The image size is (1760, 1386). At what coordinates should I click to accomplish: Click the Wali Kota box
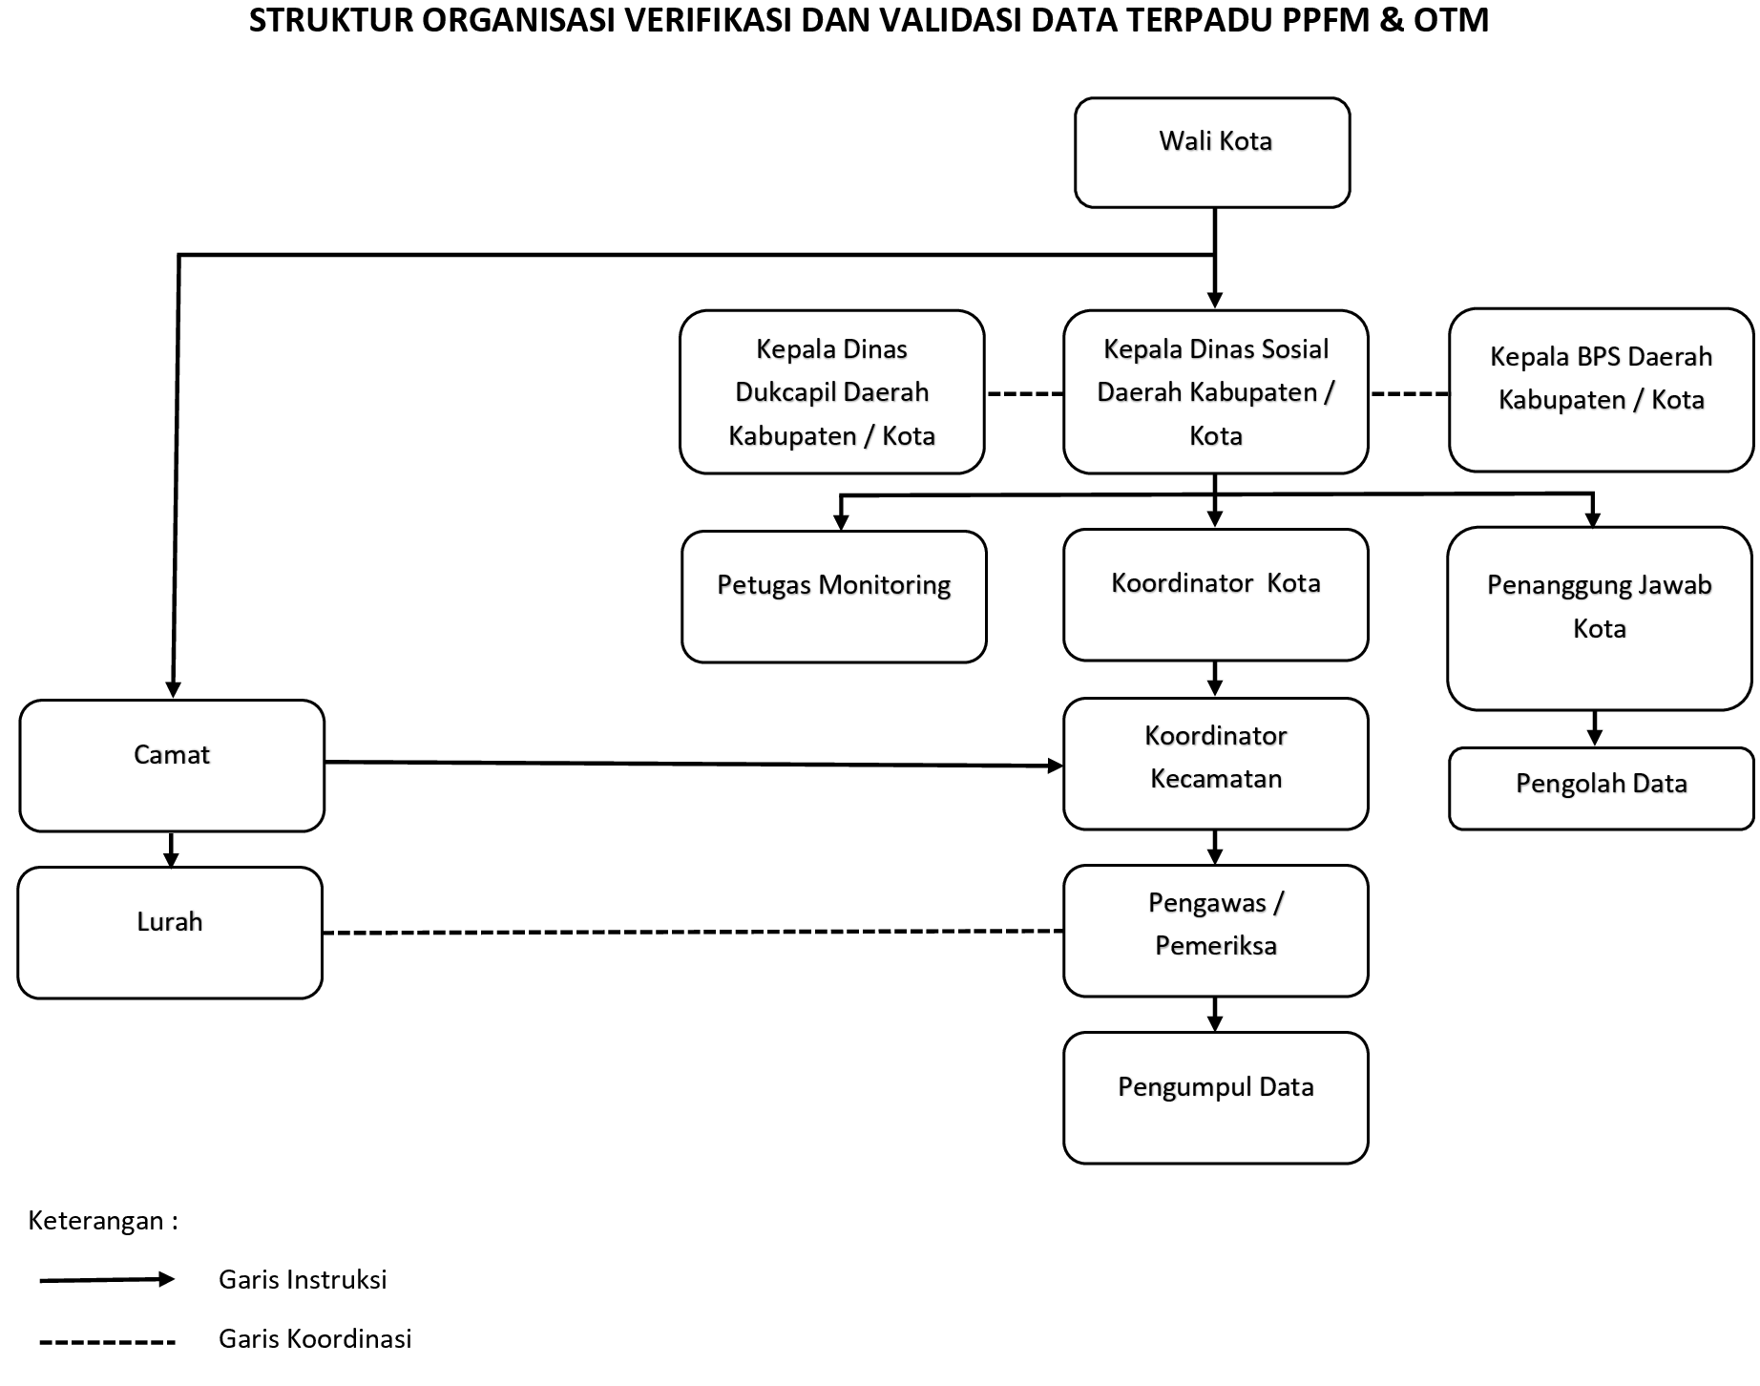1212,153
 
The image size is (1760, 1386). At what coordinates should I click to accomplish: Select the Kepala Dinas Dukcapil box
831,392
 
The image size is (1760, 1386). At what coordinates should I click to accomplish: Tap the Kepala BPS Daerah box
1601,389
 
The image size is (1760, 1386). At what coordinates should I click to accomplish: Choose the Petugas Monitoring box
833,597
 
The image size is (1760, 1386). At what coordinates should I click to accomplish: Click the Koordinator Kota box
1215,595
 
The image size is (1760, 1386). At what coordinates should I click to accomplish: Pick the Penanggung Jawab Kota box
1599,619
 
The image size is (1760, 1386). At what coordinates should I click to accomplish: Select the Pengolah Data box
1601,788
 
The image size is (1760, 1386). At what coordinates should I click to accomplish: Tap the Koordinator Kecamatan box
1215,764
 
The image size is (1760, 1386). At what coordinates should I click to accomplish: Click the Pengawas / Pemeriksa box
1215,931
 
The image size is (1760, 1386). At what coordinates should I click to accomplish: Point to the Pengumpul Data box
1215,1098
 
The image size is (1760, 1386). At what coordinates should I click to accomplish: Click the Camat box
172,766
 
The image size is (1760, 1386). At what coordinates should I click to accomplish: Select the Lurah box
170,933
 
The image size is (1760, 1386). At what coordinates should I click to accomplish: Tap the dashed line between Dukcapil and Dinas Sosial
1024,393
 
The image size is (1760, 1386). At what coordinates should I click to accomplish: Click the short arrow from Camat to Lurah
171,849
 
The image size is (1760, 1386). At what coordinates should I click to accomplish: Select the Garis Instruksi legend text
303,1280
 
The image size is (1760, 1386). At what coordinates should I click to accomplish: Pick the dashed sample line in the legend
107,1343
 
